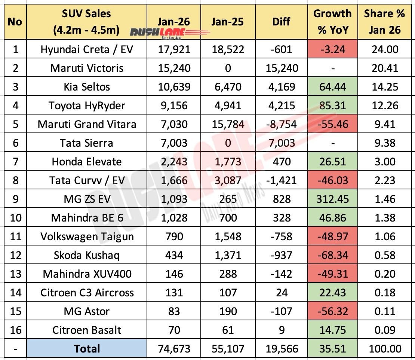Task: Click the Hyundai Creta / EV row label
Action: pyautogui.click(x=86, y=49)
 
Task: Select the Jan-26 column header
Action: pyautogui.click(x=174, y=22)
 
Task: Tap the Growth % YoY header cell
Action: pyautogui.click(x=332, y=21)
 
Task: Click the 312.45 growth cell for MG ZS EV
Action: pyautogui.click(x=332, y=199)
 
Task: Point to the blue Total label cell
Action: pyautogui.click(x=87, y=349)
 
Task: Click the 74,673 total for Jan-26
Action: pyautogui.click(x=174, y=349)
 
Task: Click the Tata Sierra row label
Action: pyautogui.click(x=86, y=143)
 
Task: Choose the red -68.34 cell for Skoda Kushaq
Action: pyautogui.click(x=332, y=255)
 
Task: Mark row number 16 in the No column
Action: pyautogui.click(x=15, y=330)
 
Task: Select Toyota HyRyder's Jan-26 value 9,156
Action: pyautogui.click(x=174, y=106)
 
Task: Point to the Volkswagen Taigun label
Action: pyautogui.click(x=86, y=237)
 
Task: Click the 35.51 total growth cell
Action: pyautogui.click(x=332, y=349)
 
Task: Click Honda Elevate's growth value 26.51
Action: pyautogui.click(x=332, y=162)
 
